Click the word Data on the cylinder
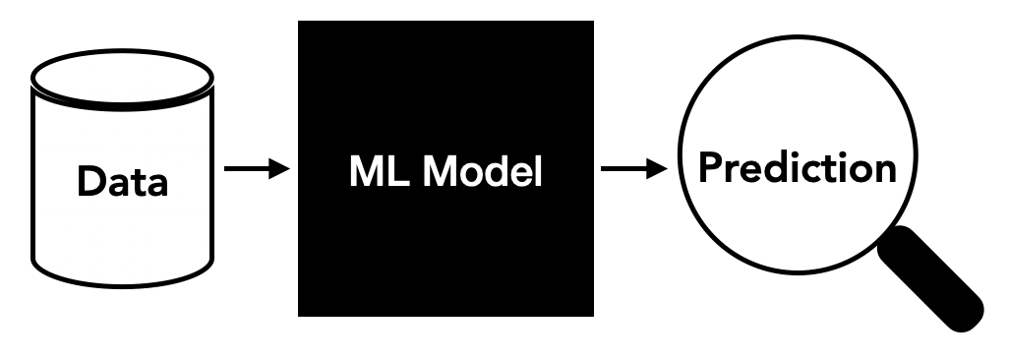click(123, 182)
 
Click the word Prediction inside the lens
click(798, 168)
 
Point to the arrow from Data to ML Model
click(256, 169)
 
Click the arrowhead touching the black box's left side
click(281, 169)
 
